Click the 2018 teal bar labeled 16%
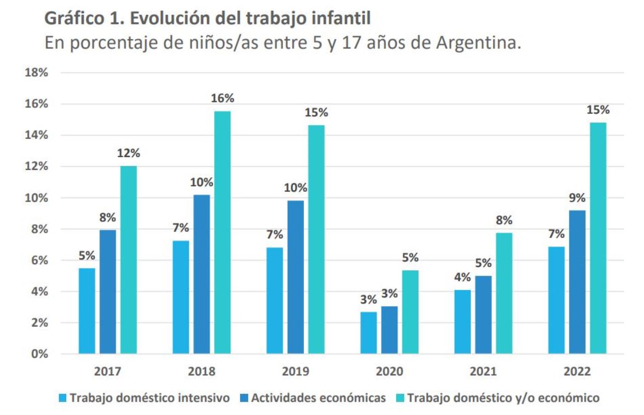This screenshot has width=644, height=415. (222, 232)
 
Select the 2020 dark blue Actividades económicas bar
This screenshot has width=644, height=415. (389, 330)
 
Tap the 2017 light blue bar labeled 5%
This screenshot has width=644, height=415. (87, 311)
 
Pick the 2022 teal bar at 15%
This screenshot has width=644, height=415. (598, 238)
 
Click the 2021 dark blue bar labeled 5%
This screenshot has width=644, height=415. (483, 314)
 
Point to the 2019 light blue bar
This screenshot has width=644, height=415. (275, 300)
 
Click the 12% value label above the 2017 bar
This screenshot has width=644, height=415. (128, 153)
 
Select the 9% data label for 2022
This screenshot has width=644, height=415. (577, 198)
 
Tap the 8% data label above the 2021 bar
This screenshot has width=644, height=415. (504, 220)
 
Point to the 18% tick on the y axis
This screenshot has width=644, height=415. (36, 73)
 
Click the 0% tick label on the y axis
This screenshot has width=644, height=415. (40, 354)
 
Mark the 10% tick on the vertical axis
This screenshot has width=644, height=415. (36, 198)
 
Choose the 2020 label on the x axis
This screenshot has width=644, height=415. (389, 371)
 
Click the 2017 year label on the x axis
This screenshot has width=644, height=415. (108, 371)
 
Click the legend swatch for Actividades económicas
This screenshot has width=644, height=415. (244, 398)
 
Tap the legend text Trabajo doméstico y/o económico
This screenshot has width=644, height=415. (503, 398)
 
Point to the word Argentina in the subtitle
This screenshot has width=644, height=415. (478, 43)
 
